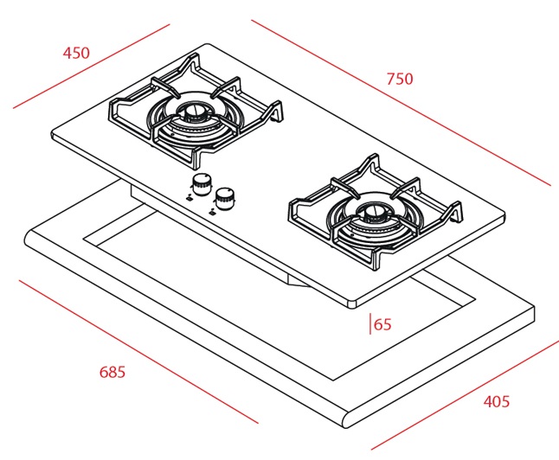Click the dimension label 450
coord(76,53)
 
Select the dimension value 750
coord(400,79)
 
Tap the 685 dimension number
coord(112,373)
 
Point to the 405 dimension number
coord(496,401)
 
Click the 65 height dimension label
coord(382,325)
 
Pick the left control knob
coord(202,183)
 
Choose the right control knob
coord(227,197)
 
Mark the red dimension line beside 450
coord(91,66)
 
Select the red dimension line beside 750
coord(401,102)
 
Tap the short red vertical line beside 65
coord(371,324)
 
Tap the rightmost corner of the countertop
coord(534,314)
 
